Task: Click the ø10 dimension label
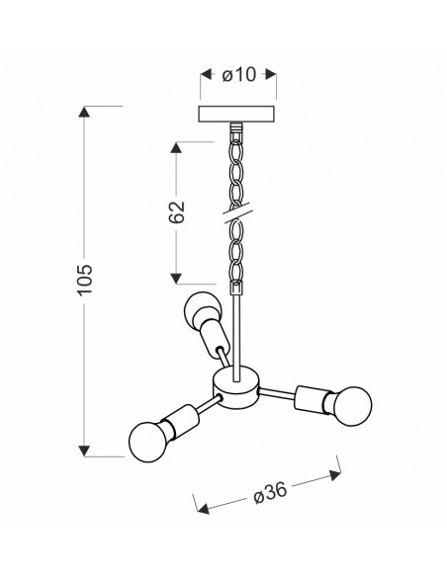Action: tap(238, 75)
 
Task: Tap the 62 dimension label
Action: tap(176, 212)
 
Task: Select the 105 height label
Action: tap(85, 280)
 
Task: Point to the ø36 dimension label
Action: tap(270, 492)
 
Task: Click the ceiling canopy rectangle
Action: tap(236, 114)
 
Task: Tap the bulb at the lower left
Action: tap(149, 442)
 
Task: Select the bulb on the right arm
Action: tap(351, 406)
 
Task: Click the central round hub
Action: tap(236, 388)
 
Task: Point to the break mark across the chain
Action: tap(236, 213)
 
